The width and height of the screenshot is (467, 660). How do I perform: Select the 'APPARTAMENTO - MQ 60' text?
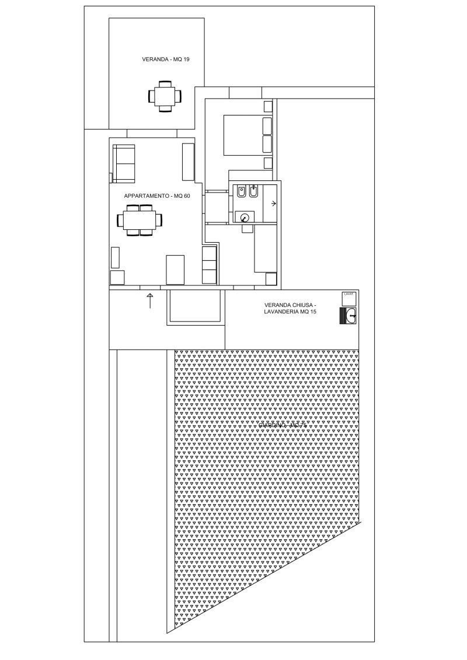click(x=157, y=196)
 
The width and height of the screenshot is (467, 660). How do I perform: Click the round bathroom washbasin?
click(x=245, y=217)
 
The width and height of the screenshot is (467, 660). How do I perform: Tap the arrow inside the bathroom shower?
click(x=274, y=203)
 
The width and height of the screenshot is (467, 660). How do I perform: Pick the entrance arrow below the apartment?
click(x=149, y=301)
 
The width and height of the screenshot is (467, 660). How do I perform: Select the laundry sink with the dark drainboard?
click(x=348, y=316)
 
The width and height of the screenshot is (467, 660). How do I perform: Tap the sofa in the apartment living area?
click(x=124, y=163)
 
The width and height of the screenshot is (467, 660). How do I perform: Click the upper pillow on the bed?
click(x=268, y=126)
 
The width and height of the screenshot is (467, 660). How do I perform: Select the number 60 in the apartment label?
click(x=187, y=196)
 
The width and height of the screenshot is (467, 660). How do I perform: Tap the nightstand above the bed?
click(x=268, y=106)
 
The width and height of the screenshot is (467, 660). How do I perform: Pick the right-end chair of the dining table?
click(x=158, y=221)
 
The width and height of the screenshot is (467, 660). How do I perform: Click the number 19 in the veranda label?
click(x=186, y=60)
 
